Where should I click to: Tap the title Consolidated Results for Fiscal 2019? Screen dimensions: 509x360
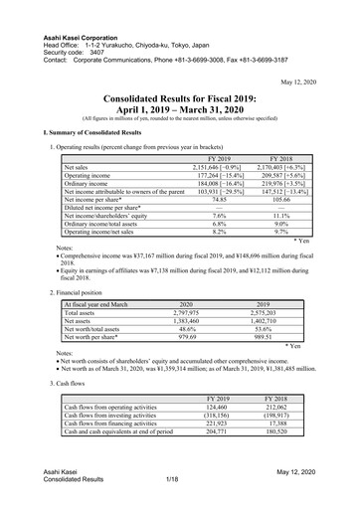click(x=180, y=99)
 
